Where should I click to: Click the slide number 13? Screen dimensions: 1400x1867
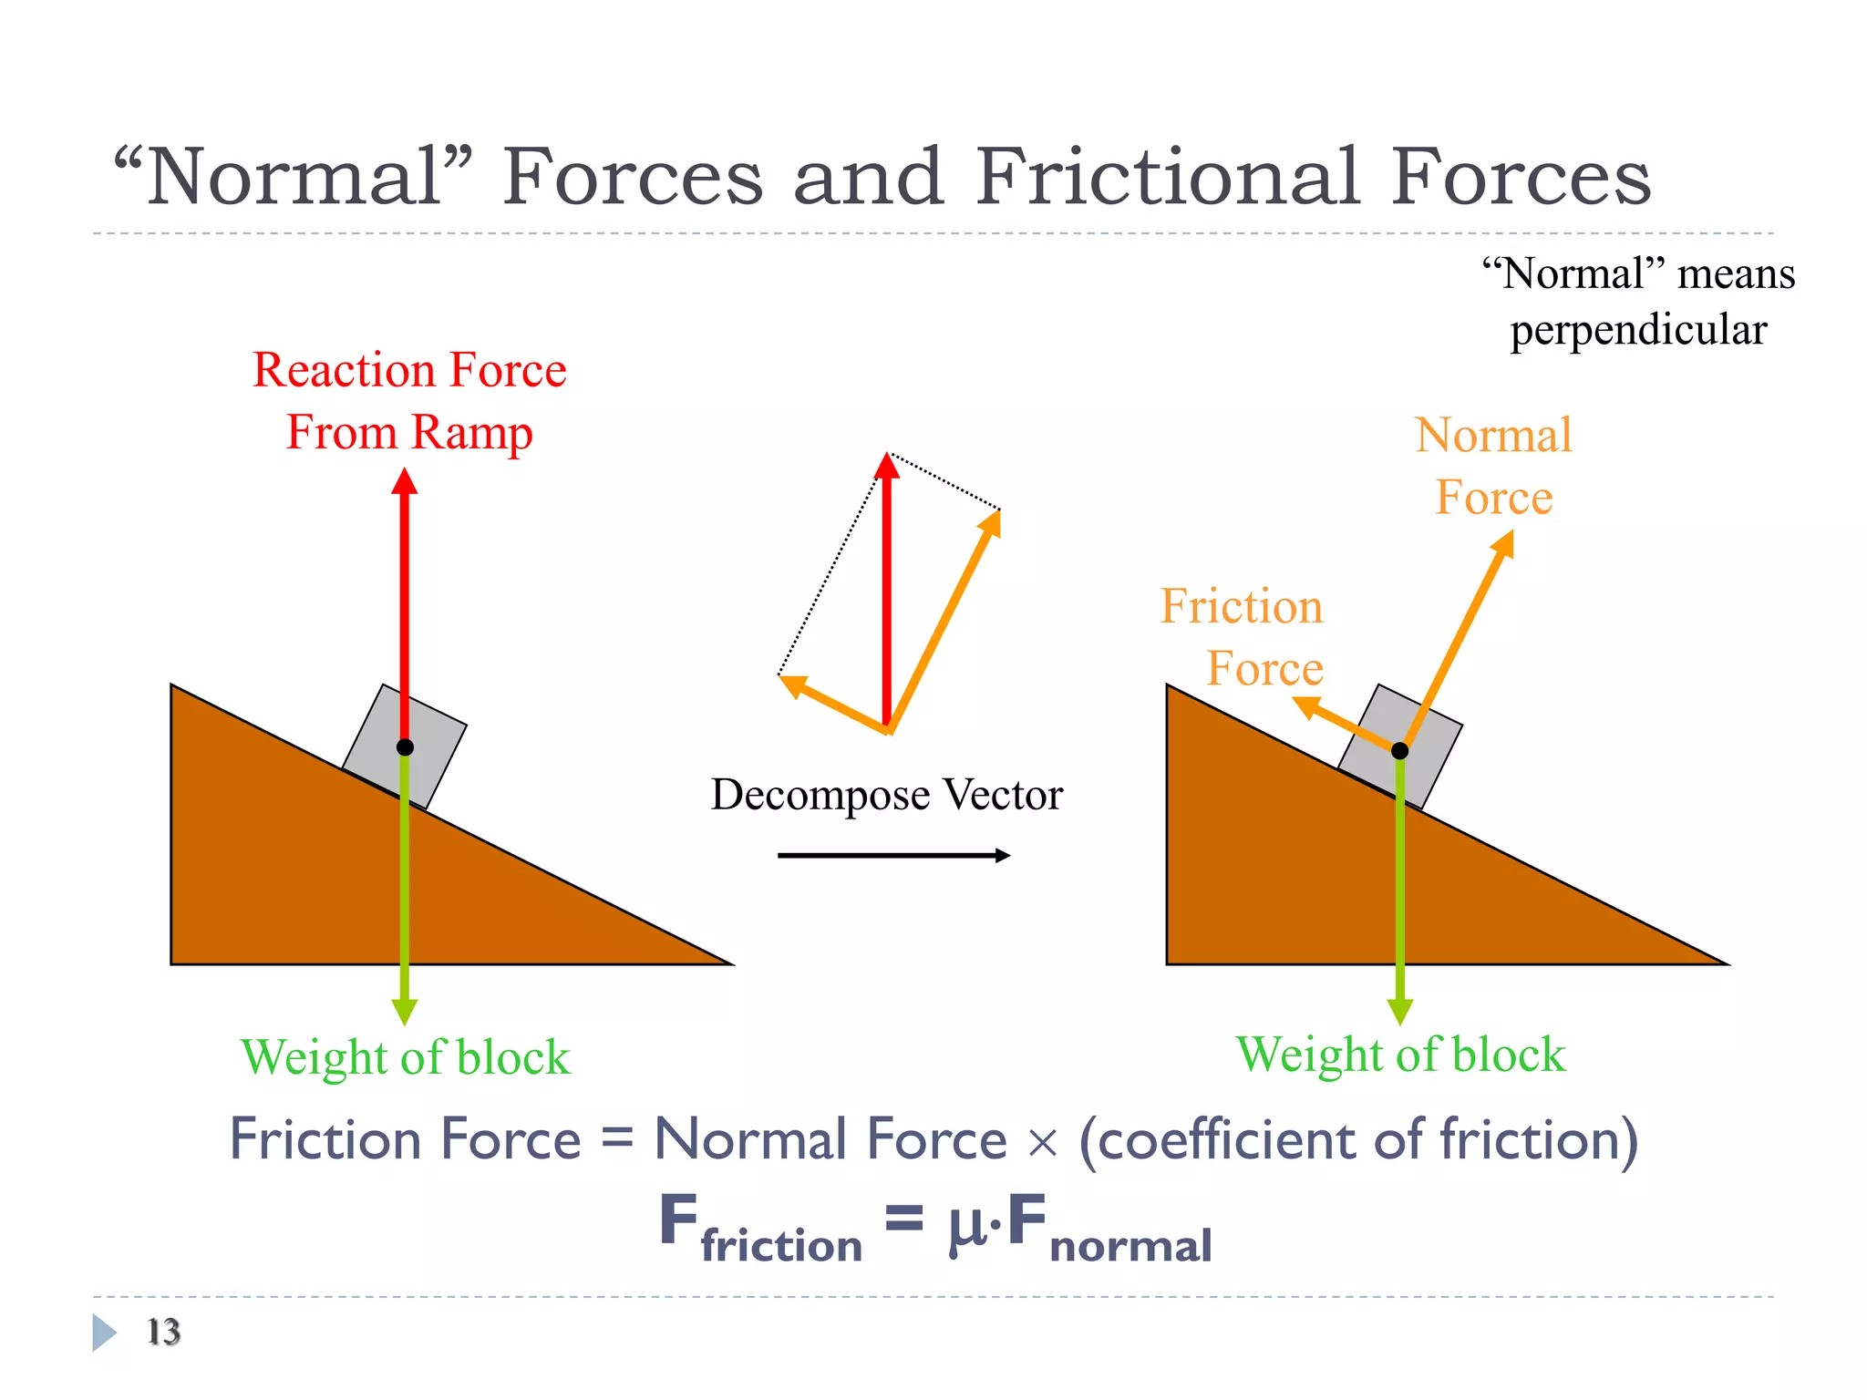point(164,1332)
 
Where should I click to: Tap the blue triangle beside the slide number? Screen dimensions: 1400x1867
point(104,1332)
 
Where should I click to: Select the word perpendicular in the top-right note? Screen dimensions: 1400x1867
point(1638,330)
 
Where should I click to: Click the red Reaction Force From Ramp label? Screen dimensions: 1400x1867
point(409,401)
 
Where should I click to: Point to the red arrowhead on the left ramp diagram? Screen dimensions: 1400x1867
point(405,482)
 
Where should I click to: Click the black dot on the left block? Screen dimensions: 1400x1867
point(405,747)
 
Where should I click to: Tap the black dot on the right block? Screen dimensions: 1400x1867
point(1400,750)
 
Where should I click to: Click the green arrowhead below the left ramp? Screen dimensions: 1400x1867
point(405,1011)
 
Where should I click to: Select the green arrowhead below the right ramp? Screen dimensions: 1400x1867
point(1400,1011)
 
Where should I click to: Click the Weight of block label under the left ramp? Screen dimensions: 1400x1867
point(406,1058)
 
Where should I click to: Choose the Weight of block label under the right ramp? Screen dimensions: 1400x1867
point(1400,1055)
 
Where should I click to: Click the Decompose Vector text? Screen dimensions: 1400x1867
point(886,795)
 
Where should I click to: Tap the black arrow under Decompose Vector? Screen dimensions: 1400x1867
point(893,855)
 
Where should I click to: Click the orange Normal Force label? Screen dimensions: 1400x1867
point(1494,466)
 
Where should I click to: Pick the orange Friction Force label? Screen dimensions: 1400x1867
point(1242,637)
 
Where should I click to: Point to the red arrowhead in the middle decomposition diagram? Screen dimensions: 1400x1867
point(887,466)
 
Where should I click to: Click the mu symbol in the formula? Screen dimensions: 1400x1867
point(967,1225)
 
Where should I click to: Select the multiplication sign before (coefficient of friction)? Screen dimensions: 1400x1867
point(1042,1143)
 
